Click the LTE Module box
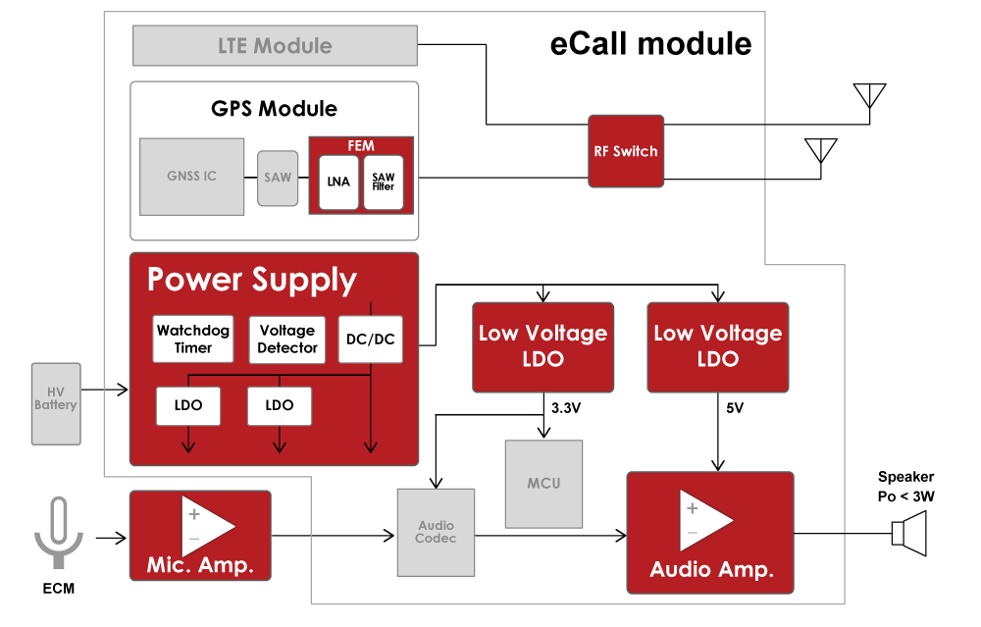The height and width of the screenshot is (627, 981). coord(275,45)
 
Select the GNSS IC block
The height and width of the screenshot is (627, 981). coord(191,177)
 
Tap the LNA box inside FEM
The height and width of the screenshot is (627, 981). coord(338,181)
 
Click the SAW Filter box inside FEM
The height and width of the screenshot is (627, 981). coord(383,181)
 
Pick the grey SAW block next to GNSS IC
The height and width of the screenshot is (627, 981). coord(278,178)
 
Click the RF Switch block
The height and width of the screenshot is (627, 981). coord(626,151)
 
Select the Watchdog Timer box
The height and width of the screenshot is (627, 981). coord(192,340)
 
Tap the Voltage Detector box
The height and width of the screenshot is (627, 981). coord(286,340)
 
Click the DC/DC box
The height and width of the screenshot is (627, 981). coord(370,340)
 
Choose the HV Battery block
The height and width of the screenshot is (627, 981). coord(55,402)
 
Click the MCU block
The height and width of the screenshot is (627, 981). coord(543,484)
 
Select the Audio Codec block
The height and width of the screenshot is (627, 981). coord(436,532)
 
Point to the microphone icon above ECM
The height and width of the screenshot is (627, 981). coord(58,531)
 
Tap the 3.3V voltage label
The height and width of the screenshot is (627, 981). coord(566,408)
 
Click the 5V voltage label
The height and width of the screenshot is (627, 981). coord(733,408)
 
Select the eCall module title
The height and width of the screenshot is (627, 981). coord(650,44)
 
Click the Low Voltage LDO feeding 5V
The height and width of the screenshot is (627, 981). coord(718,346)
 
